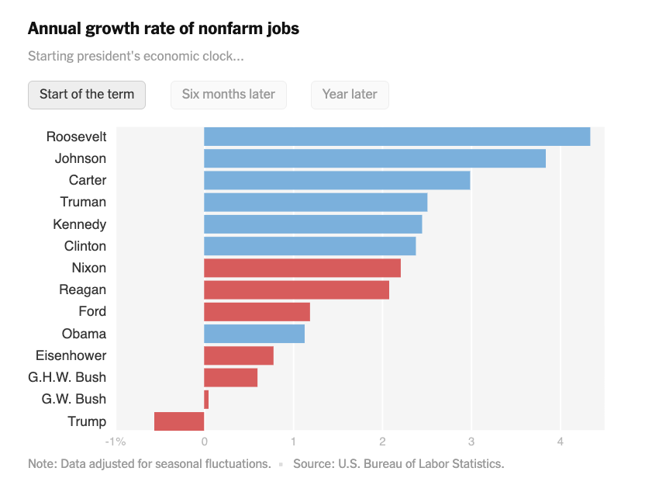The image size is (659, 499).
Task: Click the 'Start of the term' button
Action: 87,95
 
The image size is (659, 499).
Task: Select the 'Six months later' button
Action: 229,95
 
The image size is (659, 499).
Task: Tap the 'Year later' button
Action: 350,95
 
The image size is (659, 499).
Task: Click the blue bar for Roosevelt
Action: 397,137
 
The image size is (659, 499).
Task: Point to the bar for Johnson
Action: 374,158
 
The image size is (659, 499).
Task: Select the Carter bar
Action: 336,180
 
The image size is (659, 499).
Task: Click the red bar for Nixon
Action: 302,268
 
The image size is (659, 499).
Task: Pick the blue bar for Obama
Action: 254,334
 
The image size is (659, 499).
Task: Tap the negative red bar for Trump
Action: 179,421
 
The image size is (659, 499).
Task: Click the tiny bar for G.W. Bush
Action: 206,400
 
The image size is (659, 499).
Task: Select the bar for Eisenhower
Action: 239,355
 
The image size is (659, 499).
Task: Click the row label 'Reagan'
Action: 83,290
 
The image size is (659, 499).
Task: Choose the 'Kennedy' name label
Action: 80,224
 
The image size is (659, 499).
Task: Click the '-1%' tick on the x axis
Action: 115,442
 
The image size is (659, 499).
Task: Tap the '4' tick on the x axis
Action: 560,442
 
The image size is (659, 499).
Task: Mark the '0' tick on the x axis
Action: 204,442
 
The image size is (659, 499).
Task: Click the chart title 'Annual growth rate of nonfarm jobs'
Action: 164,29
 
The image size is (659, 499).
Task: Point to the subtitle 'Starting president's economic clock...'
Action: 136,57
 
